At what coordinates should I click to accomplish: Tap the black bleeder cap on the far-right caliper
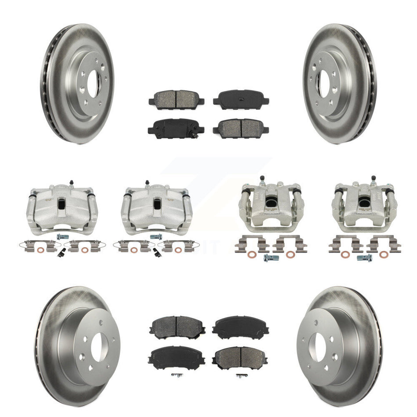click(373, 178)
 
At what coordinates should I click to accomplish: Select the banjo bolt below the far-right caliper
click(364, 258)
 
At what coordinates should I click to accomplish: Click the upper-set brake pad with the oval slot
click(241, 99)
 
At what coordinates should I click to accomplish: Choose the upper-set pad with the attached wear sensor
click(176, 129)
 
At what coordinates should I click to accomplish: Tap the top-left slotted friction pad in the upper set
click(176, 99)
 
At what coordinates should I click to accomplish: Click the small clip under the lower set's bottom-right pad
click(240, 376)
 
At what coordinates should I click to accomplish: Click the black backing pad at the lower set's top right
click(241, 327)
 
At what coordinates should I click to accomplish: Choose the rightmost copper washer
click(385, 255)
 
